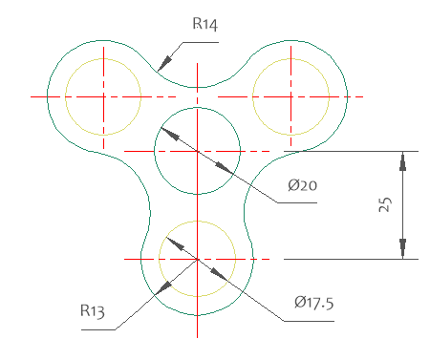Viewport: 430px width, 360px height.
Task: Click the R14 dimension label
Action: pos(205,24)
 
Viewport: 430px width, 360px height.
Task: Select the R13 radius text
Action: pos(93,311)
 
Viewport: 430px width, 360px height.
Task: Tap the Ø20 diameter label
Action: pos(302,185)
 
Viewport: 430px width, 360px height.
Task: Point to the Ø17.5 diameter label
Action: pos(314,303)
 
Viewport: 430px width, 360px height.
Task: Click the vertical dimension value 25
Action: pos(385,204)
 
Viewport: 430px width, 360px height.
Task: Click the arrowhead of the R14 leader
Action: pos(164,63)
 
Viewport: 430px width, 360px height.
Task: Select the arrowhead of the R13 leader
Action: pos(163,287)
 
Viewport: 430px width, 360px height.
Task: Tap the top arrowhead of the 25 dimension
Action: pos(402,161)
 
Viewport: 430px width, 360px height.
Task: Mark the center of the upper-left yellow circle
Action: pos(103,96)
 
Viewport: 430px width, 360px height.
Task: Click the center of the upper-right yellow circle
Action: pos(290,96)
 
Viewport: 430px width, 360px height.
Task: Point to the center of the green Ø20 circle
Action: pos(197,151)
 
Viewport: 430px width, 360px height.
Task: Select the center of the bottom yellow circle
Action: pos(197,259)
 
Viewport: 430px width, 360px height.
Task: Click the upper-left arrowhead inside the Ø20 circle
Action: pos(170,134)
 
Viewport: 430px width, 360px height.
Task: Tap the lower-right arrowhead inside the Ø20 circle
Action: pos(225,168)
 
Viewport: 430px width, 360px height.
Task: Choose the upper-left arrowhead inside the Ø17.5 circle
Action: pos(176,244)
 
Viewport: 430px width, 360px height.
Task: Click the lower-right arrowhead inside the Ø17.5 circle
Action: pos(219,274)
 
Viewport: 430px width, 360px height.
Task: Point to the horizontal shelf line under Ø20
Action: pos(297,202)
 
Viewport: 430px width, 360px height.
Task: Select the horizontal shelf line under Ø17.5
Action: pos(309,321)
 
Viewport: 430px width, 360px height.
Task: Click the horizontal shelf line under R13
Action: pos(98,329)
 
